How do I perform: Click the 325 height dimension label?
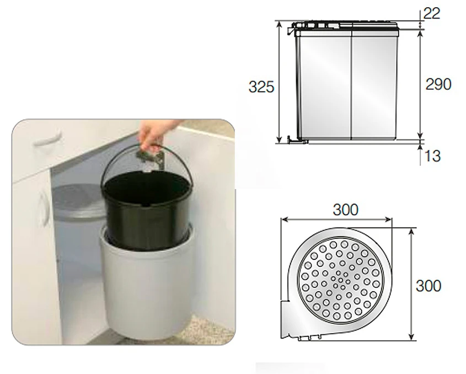coord(261,87)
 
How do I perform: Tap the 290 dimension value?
coord(438,84)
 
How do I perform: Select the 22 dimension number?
coord(431,13)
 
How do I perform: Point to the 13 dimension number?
coord(432,156)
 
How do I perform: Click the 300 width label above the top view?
coord(345,210)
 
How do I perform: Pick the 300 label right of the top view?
coord(428,286)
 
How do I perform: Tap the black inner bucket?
coord(147,209)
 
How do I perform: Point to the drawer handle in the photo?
coord(47,138)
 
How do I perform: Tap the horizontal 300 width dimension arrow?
coord(336,220)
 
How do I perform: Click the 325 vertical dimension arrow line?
coord(278,82)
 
